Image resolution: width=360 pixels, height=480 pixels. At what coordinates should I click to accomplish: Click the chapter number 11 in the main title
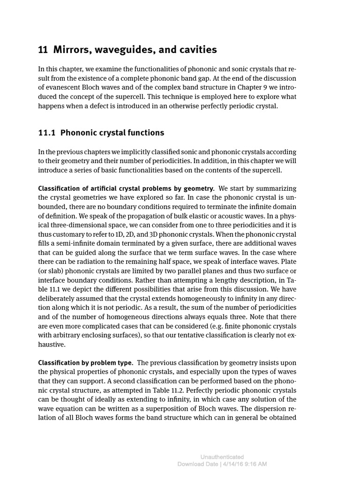[x=43, y=50]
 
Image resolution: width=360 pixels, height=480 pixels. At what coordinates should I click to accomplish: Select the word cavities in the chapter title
[x=196, y=50]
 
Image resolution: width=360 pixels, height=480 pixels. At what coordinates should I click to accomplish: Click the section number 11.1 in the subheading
[x=47, y=133]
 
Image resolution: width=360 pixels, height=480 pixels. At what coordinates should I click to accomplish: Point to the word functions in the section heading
[x=144, y=133]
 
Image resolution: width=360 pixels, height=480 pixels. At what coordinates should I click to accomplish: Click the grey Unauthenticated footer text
[x=222, y=457]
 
